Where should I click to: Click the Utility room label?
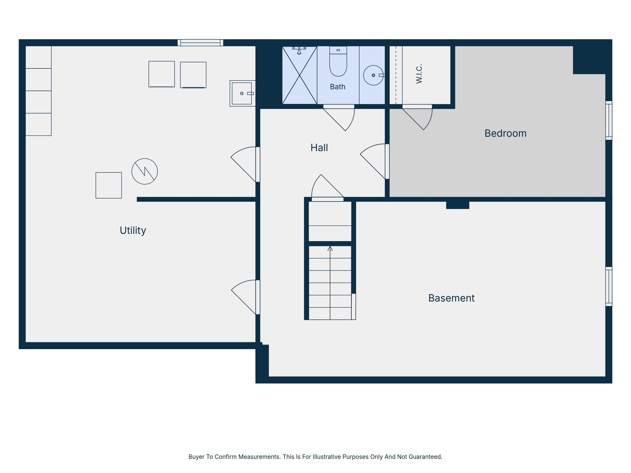coord(133,230)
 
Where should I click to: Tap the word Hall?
coord(319,148)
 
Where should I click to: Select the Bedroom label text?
coord(505,133)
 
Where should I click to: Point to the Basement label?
coord(451,298)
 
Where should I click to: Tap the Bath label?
coord(337,87)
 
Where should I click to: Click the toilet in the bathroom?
coord(338,61)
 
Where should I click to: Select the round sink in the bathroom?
coord(373,75)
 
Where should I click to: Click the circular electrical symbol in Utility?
coord(145,171)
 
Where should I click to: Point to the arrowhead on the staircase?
coord(330,248)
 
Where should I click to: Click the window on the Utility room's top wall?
coord(200,43)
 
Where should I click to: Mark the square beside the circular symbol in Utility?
coord(109,185)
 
